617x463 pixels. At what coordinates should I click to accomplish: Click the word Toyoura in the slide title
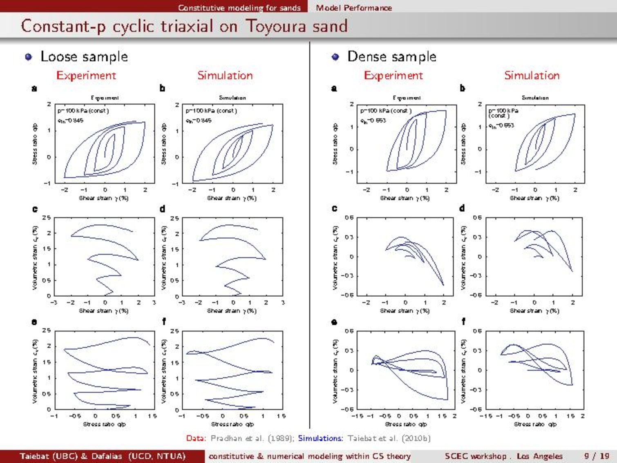click(x=275, y=26)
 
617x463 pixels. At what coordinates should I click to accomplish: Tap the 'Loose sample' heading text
click(x=84, y=56)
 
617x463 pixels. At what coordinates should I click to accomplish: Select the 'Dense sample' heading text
click(x=391, y=56)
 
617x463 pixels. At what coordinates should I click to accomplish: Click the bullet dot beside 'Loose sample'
click(x=29, y=57)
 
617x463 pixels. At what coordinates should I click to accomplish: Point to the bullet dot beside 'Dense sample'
click(x=335, y=57)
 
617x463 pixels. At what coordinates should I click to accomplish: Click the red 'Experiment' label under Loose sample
click(x=86, y=76)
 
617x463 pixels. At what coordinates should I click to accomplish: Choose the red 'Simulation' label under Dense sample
click(x=532, y=76)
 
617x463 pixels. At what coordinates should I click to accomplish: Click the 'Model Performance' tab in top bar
click(x=353, y=8)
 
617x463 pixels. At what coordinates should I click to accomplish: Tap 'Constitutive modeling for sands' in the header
click(x=239, y=8)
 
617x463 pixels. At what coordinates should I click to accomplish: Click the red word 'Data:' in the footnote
click(x=196, y=438)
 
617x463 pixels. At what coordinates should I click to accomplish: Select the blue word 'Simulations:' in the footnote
click(x=320, y=438)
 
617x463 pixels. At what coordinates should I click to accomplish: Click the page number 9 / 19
click(x=597, y=456)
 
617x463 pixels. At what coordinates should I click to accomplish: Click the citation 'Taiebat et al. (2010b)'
click(x=389, y=438)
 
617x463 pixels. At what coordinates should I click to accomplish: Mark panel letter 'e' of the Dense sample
click(x=334, y=322)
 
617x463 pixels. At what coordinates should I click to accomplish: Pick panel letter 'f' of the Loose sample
click(x=163, y=322)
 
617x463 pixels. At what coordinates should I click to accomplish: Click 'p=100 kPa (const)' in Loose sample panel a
click(x=83, y=111)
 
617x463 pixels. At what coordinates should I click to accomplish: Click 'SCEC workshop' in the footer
click(x=475, y=456)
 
